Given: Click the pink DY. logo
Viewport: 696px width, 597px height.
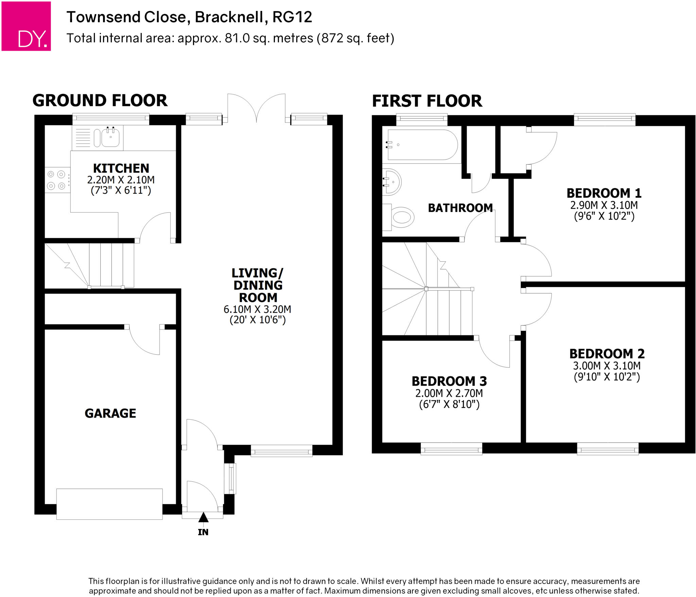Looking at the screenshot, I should (26, 26).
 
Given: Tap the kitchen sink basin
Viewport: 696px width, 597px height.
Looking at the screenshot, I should (110, 138).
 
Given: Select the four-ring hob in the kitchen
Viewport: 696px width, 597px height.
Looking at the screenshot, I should (56, 180).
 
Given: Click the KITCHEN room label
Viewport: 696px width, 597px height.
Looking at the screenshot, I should (121, 168).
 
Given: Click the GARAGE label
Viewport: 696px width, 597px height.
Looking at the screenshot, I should (110, 413).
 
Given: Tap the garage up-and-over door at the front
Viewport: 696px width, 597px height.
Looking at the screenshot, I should (109, 504).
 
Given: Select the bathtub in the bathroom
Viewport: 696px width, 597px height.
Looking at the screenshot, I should (422, 144).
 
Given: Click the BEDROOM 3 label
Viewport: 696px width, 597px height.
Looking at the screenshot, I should (449, 381).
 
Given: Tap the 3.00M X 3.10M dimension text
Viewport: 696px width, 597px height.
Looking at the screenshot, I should (607, 366).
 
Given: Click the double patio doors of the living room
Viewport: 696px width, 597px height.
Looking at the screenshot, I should (256, 108).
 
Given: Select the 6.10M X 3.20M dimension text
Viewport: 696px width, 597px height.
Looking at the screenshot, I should (257, 309).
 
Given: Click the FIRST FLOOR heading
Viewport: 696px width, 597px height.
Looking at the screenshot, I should (427, 101).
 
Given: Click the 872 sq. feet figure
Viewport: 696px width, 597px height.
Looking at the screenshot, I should (355, 38).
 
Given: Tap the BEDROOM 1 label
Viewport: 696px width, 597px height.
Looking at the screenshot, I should (604, 193).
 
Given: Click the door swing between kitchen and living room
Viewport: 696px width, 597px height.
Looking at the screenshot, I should (155, 227).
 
